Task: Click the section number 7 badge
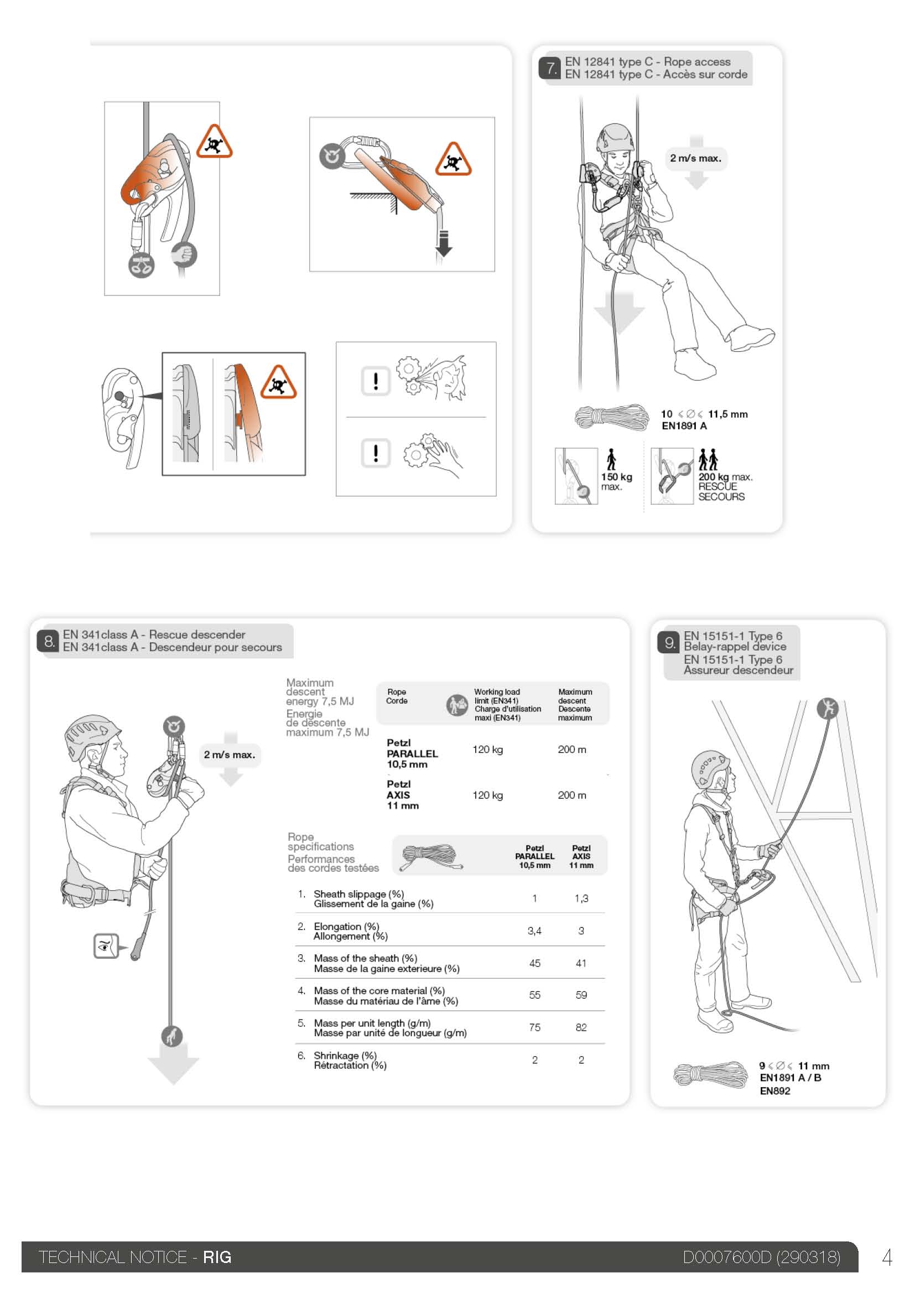550,68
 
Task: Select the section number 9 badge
669,643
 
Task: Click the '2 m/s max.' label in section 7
695,158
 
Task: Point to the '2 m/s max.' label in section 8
230,755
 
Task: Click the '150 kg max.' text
616,481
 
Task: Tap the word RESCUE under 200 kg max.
718,486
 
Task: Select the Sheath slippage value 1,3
581,898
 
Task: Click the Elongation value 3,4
534,931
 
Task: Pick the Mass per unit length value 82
581,1027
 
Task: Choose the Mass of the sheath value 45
535,963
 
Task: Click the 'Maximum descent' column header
575,704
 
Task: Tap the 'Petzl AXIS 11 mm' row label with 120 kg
402,794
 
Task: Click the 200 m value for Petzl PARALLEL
572,750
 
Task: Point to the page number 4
887,1257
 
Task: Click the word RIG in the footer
217,1257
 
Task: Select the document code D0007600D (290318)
761,1257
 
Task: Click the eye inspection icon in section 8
105,945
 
